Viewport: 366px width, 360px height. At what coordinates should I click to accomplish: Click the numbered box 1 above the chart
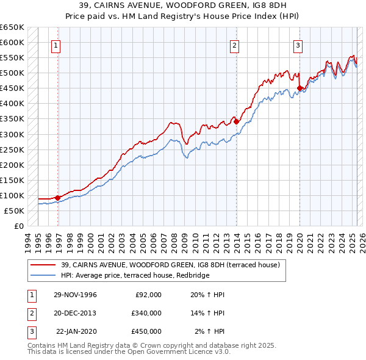pos(56,45)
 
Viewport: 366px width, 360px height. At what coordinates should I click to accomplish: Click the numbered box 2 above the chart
pos(234,45)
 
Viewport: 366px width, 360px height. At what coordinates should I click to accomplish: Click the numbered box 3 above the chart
pos(298,45)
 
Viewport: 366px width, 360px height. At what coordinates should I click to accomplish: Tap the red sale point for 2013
pos(236,121)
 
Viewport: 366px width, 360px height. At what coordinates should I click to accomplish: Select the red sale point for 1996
pos(57,198)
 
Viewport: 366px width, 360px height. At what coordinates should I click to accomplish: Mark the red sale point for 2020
pos(300,88)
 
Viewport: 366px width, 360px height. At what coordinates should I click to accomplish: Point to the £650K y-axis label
pos(12,27)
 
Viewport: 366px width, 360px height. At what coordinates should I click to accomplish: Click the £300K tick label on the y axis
pos(12,134)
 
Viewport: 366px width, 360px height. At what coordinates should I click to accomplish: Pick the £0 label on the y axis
pos(18,226)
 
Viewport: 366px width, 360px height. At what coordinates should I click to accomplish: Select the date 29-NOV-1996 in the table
pos(75,295)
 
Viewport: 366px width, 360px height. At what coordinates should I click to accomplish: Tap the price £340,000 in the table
pos(146,313)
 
